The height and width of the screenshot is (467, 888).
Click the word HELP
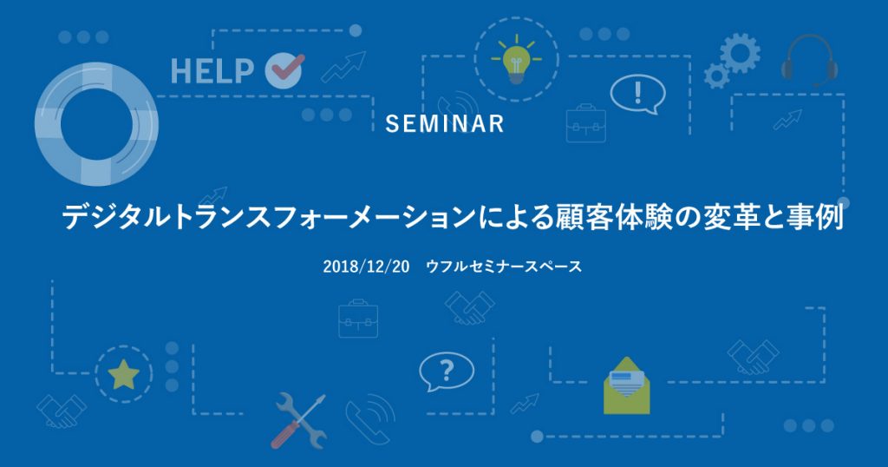(x=212, y=71)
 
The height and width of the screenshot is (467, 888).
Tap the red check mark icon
(x=284, y=69)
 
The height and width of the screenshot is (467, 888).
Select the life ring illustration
(x=96, y=123)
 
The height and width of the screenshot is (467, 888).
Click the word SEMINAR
(x=445, y=123)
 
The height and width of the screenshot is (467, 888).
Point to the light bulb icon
(x=516, y=61)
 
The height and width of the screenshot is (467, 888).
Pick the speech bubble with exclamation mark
(x=637, y=95)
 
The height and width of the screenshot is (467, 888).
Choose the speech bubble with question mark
(x=447, y=372)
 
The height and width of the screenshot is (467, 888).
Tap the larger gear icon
(x=740, y=53)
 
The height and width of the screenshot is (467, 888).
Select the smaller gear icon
(x=716, y=76)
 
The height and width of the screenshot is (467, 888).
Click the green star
(x=123, y=374)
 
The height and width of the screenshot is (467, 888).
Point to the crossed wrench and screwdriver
(x=298, y=420)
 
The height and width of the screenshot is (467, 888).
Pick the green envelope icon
(x=626, y=385)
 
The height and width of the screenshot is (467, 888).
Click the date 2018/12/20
(x=366, y=266)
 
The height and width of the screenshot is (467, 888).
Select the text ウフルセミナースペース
(x=504, y=266)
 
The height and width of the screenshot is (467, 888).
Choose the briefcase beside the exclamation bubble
(x=586, y=123)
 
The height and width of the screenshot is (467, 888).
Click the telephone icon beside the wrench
(x=370, y=418)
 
